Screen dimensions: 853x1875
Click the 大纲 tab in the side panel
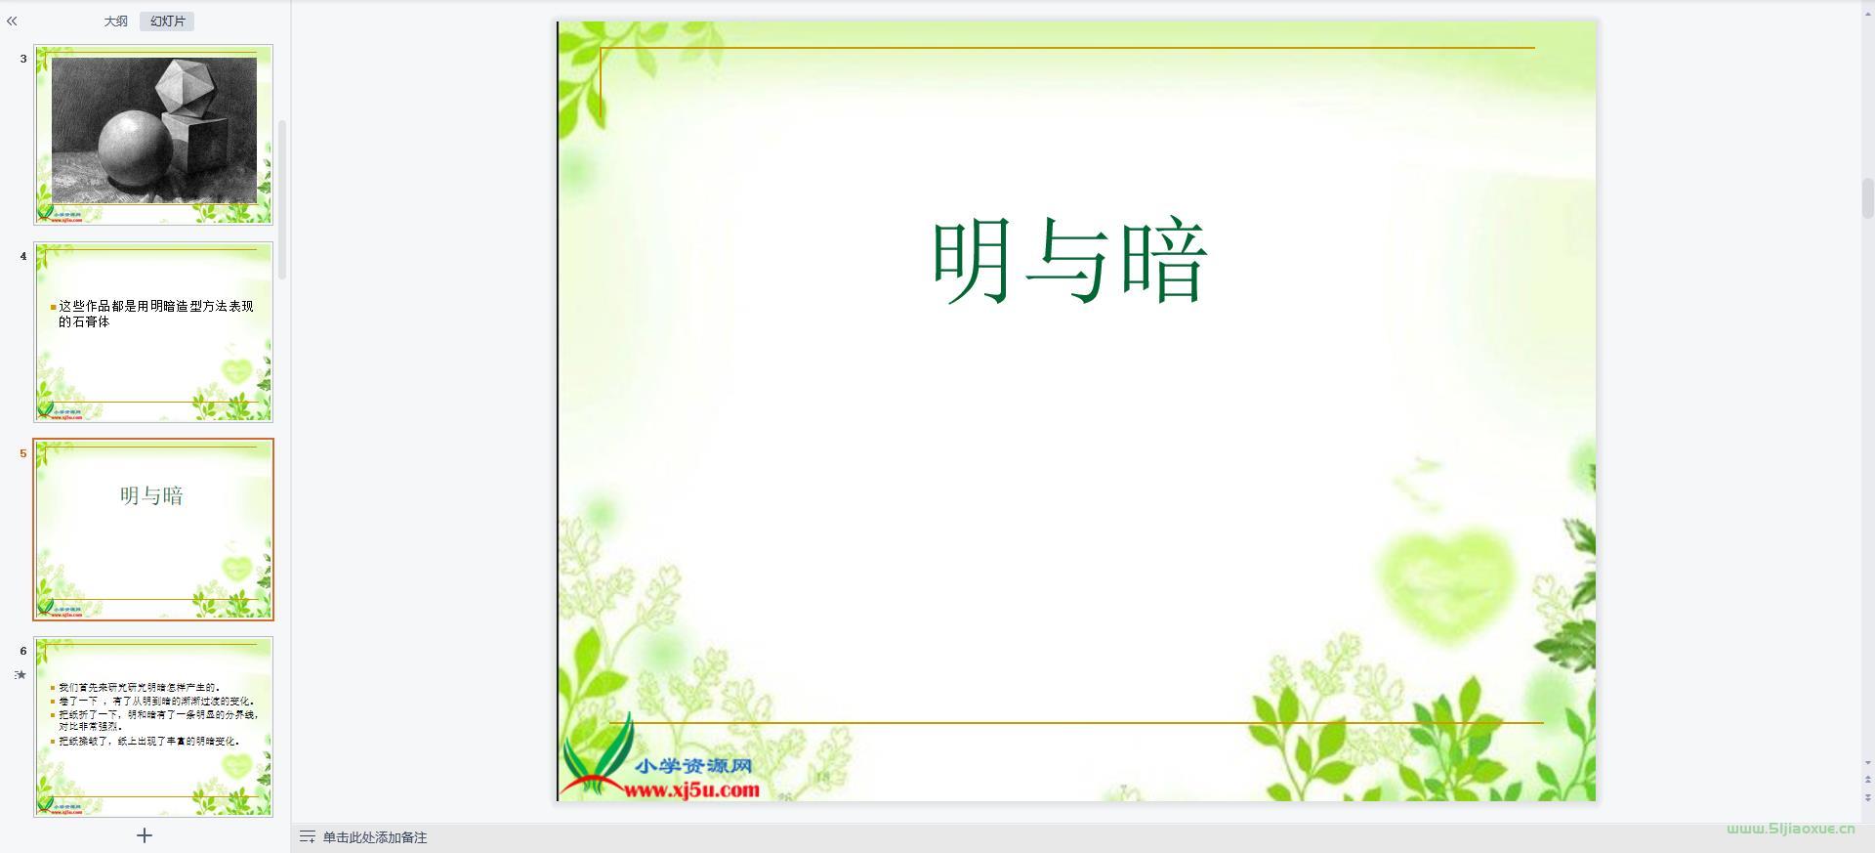(115, 21)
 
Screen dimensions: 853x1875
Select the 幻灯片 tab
(167, 21)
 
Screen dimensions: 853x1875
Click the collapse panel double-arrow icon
(12, 21)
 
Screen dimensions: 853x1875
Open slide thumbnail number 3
(153, 135)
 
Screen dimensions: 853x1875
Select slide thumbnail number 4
(153, 332)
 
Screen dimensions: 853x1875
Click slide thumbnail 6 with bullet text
(153, 727)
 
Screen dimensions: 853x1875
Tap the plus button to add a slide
(145, 835)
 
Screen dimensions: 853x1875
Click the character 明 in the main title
(972, 261)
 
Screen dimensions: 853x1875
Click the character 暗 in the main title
(1164, 261)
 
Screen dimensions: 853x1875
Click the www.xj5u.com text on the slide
(691, 789)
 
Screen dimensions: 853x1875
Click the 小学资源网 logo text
(692, 766)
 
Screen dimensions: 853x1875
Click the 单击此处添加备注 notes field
(375, 837)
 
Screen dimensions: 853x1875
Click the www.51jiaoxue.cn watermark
(1790, 829)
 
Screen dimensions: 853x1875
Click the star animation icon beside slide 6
(21, 674)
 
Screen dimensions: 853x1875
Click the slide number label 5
(23, 453)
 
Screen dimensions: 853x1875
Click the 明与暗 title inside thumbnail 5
(151, 495)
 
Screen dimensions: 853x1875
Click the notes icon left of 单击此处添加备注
(307, 837)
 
